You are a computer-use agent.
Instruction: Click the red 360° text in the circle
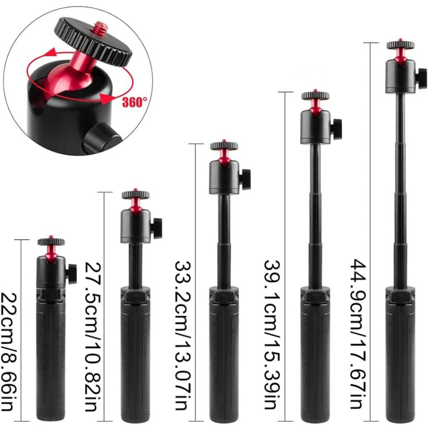134,102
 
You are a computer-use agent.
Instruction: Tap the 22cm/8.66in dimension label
9,352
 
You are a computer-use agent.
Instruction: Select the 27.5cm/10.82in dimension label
93,337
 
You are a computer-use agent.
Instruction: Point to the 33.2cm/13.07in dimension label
182,335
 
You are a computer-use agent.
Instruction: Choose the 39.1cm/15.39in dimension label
272,335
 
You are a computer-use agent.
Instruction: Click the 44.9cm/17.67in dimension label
358,334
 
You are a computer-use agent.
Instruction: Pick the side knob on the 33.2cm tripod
245,179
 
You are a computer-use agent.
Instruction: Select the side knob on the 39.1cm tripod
336,129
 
